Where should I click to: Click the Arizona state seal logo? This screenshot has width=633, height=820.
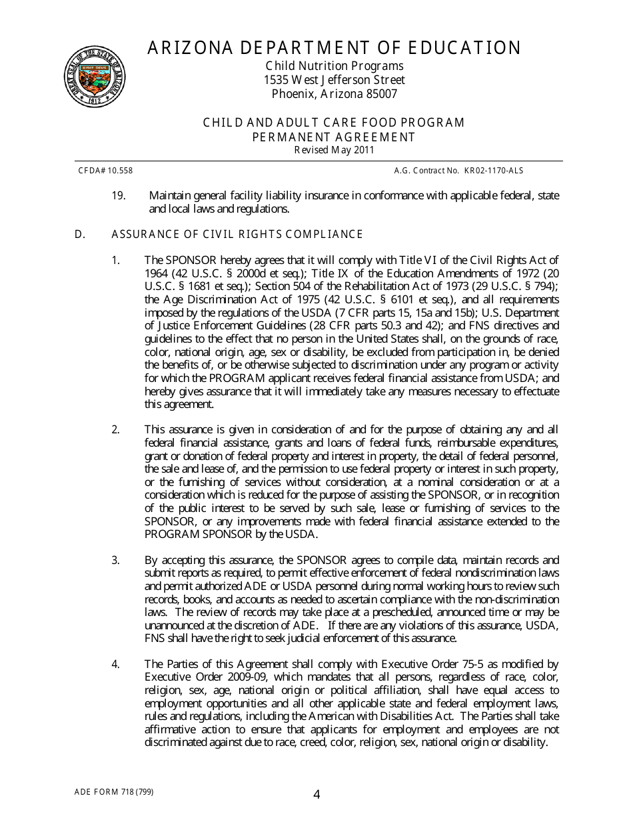coord(95,77)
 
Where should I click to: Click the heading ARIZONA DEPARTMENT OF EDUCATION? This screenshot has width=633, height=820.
coord(334,48)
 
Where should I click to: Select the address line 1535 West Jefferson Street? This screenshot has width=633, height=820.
coord(334,80)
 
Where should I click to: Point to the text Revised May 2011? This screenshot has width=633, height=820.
coord(334,150)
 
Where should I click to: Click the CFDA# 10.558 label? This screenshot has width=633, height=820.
coord(105,171)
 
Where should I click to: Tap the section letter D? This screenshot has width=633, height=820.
coord(79,234)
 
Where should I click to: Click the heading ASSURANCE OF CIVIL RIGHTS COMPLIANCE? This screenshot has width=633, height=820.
coord(237,234)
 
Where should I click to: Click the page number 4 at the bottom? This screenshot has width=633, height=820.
coord(316,794)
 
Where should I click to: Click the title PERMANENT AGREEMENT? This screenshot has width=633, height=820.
coord(334,137)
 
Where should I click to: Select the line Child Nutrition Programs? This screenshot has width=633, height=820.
coord(334,66)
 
